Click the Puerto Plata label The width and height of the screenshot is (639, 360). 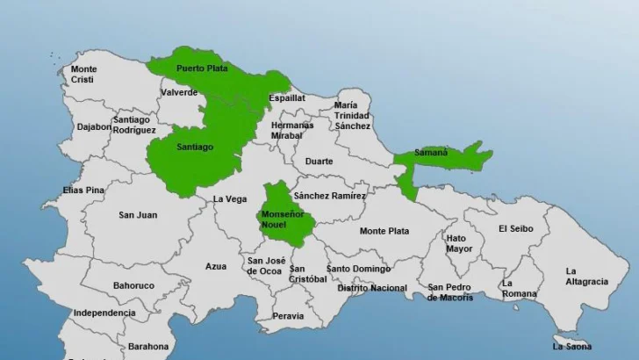(x=202, y=68)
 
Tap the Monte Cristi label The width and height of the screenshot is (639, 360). (x=84, y=74)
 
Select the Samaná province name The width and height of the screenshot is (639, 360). (x=432, y=152)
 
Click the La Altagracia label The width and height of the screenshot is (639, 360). (x=586, y=276)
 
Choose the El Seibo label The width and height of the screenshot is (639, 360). (x=515, y=228)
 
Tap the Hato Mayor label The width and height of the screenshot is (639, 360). (x=458, y=243)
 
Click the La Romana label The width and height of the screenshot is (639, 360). (x=520, y=289)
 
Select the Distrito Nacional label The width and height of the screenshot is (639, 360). (x=372, y=288)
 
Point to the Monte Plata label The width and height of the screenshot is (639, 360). (x=384, y=231)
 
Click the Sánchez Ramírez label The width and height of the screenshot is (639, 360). (x=329, y=196)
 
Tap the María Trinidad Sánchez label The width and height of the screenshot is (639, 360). (x=351, y=116)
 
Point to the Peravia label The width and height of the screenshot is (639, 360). (x=288, y=316)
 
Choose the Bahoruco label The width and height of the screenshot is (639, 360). (x=133, y=285)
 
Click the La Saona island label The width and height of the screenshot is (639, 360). (x=571, y=346)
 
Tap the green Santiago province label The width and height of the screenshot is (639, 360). (x=194, y=148)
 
